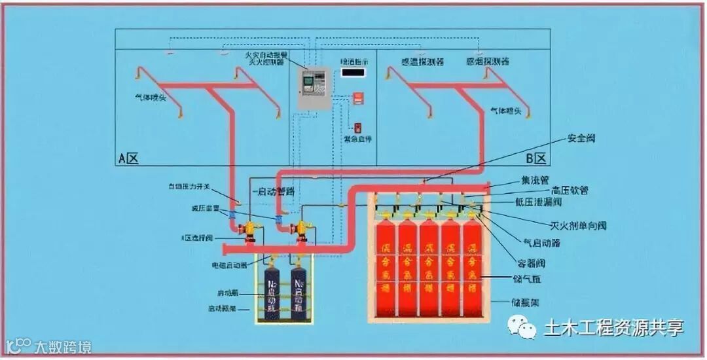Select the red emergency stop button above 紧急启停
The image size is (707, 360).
pyautogui.click(x=357, y=127)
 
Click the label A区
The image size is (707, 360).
pyautogui.click(x=127, y=158)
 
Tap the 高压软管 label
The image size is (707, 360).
pyautogui.click(x=570, y=190)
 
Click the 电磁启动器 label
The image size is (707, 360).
pyautogui.click(x=228, y=265)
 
